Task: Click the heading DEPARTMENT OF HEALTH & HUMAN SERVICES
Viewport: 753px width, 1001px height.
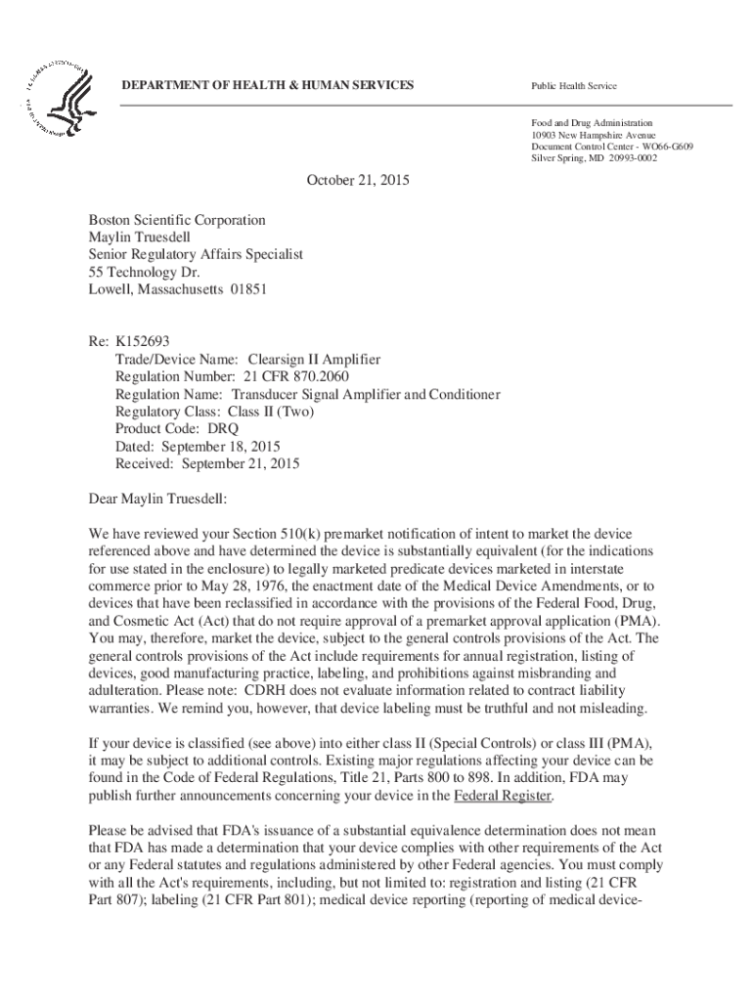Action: [x=267, y=86]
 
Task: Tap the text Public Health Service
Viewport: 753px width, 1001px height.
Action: [x=575, y=87]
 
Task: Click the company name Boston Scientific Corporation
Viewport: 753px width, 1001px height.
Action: [x=177, y=220]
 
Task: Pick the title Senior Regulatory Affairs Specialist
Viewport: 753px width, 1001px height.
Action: [x=196, y=254]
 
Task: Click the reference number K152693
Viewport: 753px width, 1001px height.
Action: [x=143, y=342]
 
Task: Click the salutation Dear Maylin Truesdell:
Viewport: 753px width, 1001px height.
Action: [x=157, y=500]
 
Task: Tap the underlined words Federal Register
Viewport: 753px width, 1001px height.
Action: [x=504, y=796]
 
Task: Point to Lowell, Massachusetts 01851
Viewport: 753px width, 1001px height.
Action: [x=177, y=289]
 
